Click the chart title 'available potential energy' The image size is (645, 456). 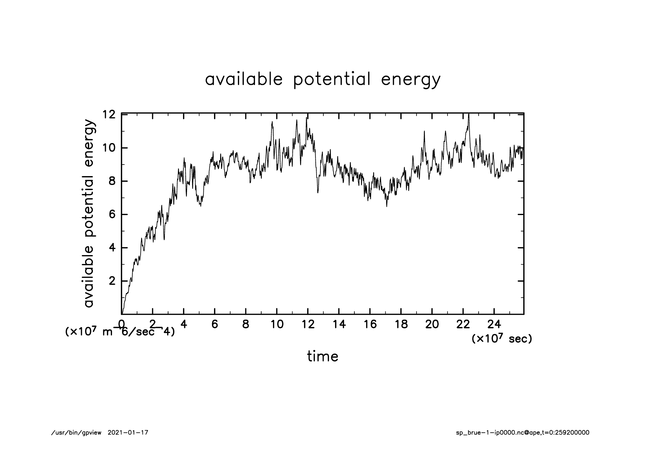[322, 80]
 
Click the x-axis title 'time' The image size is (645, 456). [322, 357]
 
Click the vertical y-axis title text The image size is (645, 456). [89, 214]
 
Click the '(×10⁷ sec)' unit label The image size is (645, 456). [502, 339]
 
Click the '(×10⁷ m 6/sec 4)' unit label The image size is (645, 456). [120, 332]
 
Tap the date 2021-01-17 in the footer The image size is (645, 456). [128, 433]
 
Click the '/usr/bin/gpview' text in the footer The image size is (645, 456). [76, 433]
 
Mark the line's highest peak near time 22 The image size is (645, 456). [468, 115]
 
